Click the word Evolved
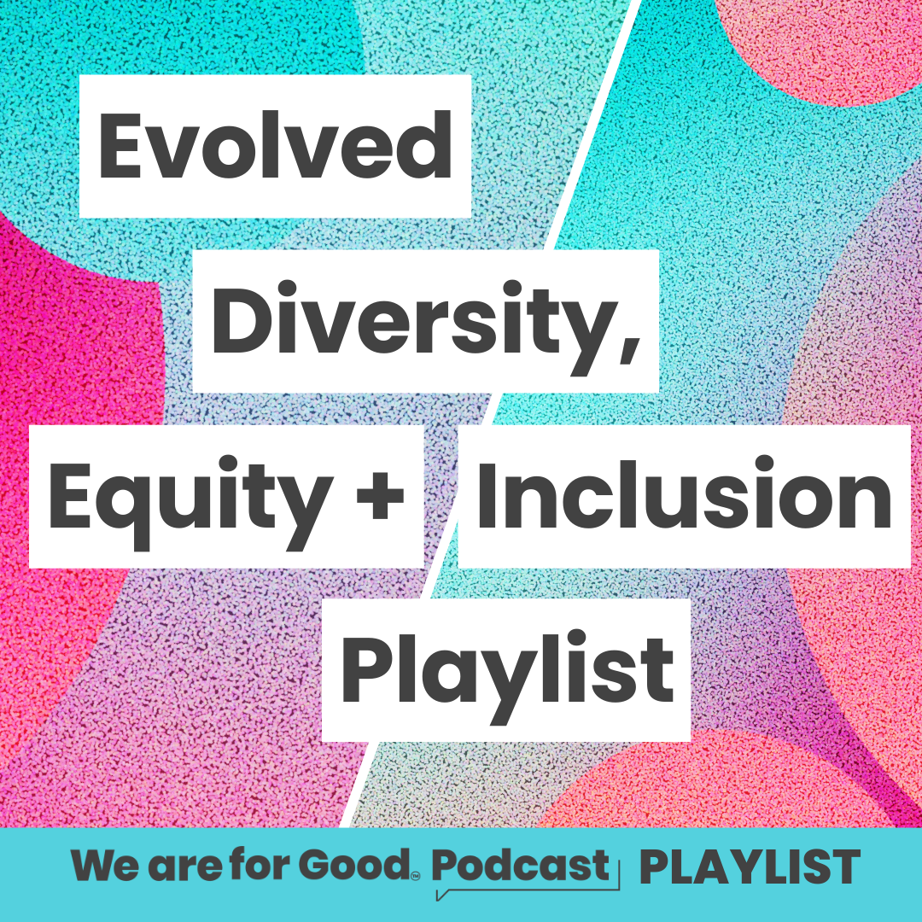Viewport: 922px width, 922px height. [275, 145]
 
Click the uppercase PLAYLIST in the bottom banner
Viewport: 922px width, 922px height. [750, 868]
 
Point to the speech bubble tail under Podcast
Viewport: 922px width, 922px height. [442, 894]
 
